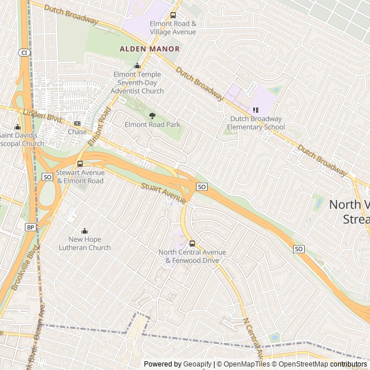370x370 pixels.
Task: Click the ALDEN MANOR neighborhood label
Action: click(x=150, y=49)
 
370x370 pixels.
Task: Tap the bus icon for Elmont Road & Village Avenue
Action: click(x=173, y=16)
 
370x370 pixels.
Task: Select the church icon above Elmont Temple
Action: click(x=137, y=66)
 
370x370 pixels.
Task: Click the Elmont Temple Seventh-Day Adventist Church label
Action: click(x=137, y=83)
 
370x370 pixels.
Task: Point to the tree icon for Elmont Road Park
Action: click(x=153, y=116)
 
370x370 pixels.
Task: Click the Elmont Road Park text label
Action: click(x=153, y=124)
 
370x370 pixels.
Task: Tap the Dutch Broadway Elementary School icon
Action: click(x=256, y=110)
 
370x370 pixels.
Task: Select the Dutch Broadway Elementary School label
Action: click(x=256, y=123)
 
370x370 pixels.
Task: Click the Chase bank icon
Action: click(x=77, y=123)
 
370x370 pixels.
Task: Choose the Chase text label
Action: click(x=77, y=132)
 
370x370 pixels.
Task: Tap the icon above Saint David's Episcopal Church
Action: click(x=17, y=127)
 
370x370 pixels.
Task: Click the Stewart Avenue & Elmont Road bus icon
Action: click(x=80, y=164)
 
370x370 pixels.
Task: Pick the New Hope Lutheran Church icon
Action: click(x=84, y=231)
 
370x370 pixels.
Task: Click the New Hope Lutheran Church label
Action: click(x=84, y=243)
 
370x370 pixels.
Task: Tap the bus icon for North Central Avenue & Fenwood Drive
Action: click(x=193, y=243)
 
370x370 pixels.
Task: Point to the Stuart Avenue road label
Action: click(x=163, y=194)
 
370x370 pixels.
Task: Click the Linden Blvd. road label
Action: click(x=42, y=116)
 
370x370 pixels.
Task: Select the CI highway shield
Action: click(x=24, y=53)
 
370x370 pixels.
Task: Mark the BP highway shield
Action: click(x=31, y=227)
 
